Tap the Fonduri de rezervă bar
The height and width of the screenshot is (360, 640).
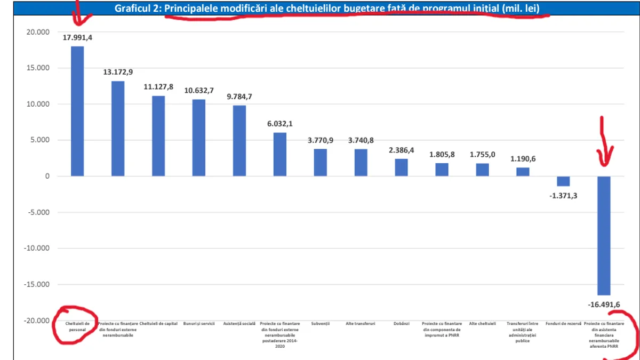pos(563,181)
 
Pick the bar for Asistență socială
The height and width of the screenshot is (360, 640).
pos(239,141)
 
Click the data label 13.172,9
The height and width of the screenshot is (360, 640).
pos(118,71)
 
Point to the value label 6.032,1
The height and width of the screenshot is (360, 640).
pos(280,123)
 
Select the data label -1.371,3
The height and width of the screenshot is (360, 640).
pos(563,196)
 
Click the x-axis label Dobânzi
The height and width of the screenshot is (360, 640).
pos(402,324)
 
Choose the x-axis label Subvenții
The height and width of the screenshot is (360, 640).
pos(321,324)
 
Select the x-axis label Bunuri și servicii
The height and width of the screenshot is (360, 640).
pos(199,324)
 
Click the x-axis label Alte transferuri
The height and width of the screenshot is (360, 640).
pos(361,324)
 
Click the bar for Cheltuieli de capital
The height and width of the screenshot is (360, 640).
pos(158,136)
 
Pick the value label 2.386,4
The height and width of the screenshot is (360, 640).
pos(402,150)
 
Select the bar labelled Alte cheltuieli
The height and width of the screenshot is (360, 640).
pos(483,170)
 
